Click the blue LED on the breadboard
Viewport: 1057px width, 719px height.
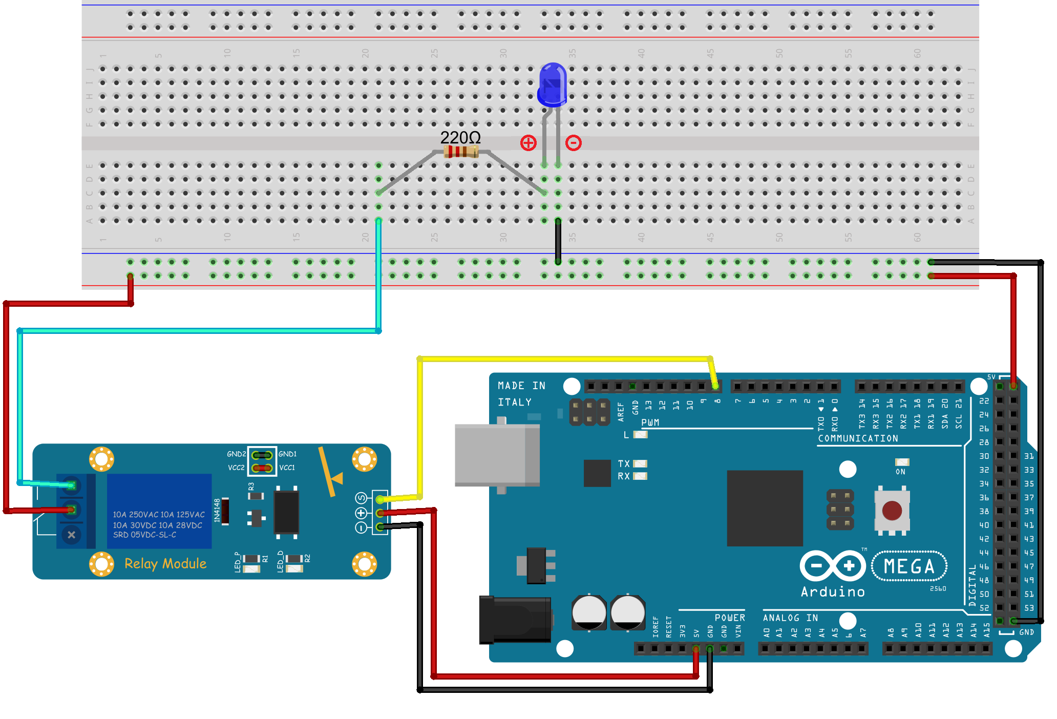tap(553, 85)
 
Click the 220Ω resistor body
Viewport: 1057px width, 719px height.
tap(461, 152)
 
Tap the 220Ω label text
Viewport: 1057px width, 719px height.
tap(460, 137)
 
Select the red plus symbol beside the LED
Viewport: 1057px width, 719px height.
tap(528, 143)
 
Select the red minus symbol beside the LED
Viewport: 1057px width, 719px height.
tap(573, 143)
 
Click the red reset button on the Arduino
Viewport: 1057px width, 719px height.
tap(892, 511)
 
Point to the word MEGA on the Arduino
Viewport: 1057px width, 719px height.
tap(909, 566)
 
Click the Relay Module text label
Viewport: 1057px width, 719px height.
tap(165, 564)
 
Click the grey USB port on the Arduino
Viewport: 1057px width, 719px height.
tap(497, 455)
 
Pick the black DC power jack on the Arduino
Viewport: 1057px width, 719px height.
tap(515, 620)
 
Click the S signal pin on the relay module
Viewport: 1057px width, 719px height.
tap(380, 499)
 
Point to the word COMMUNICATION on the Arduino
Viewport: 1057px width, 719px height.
tap(858, 438)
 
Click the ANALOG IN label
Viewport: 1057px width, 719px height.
tap(790, 618)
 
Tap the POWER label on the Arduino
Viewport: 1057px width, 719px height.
tap(730, 618)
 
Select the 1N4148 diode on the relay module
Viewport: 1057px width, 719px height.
tap(224, 511)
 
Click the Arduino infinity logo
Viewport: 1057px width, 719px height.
tap(833, 566)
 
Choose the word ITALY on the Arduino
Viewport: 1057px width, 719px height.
tap(515, 402)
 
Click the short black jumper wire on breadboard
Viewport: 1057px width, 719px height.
tap(558, 241)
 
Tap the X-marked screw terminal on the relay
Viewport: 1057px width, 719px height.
tap(71, 535)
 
